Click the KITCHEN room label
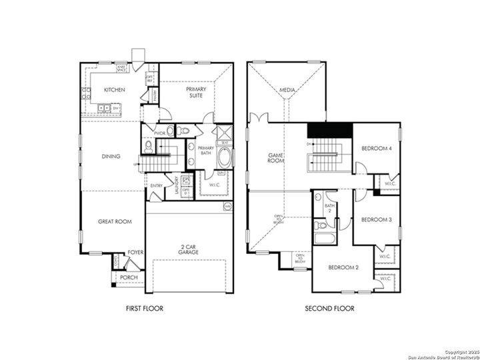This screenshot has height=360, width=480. coord(110,91)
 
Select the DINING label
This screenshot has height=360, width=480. coord(111,157)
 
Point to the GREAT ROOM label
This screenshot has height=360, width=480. coord(115,221)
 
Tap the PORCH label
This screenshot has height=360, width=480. coord(129,277)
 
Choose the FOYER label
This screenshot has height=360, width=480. coord(135,253)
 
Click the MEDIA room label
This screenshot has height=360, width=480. coord(287,89)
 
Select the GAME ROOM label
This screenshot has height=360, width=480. coord(276,157)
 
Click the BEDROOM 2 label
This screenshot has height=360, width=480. coord(344,267)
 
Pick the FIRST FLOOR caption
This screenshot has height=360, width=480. coord(145,309)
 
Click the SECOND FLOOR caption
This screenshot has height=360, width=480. coord(329,309)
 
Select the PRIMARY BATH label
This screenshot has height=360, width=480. coord(206,151)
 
